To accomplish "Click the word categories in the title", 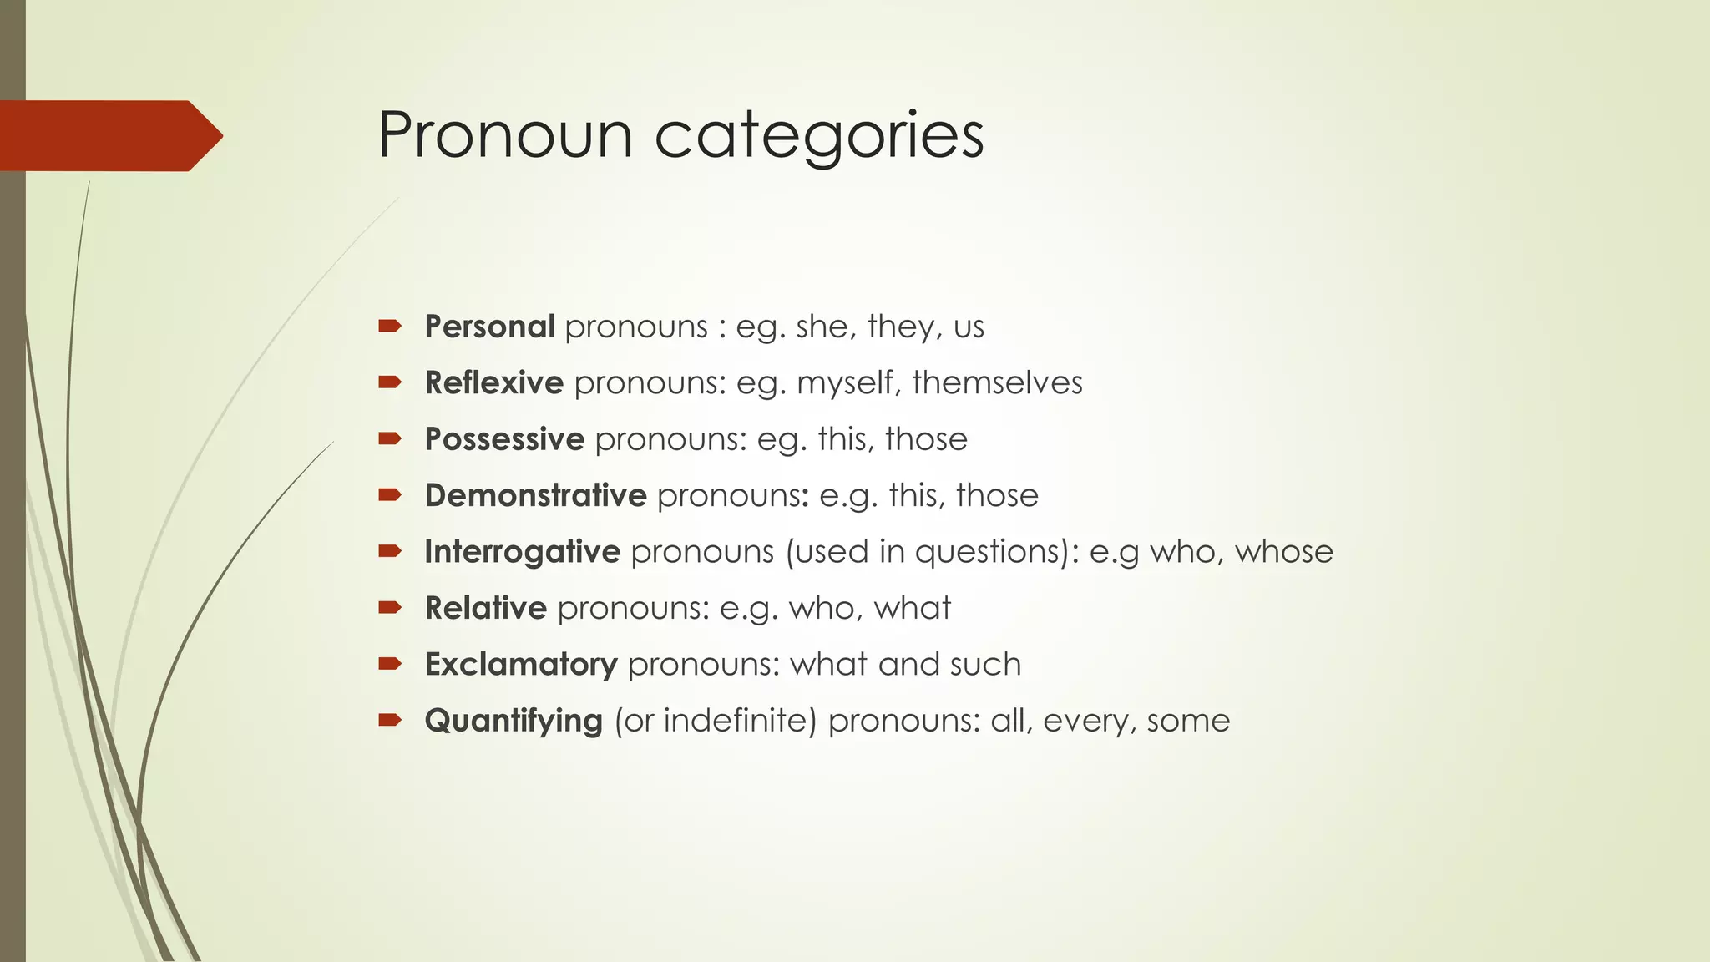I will pos(819,136).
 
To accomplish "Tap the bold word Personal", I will pos(489,327).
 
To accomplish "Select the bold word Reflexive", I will pos(494,382).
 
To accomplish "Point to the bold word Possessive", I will pos(504,439).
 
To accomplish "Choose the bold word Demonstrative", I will pos(535,495).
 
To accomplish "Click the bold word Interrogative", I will pos(522,552).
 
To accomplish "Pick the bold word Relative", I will pos(485,608).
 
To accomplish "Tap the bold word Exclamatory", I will pos(521,665).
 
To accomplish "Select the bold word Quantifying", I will pos(514,721).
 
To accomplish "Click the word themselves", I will pos(997,382).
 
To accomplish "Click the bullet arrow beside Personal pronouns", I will pos(390,326).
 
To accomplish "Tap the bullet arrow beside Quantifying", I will pos(390,720).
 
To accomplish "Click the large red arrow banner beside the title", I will pos(109,135).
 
